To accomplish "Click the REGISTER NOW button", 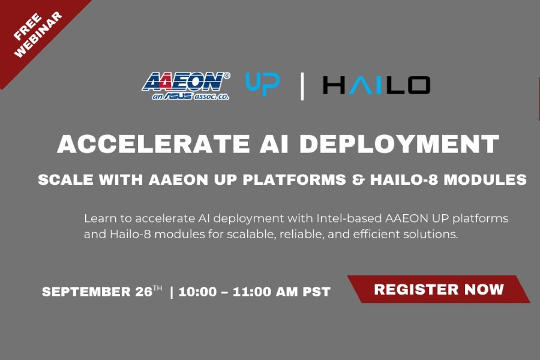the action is point(439,289).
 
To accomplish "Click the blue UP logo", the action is point(262,85).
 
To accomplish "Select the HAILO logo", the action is point(376,85).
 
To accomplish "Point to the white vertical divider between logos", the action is point(302,86).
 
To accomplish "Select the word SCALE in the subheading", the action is point(65,179).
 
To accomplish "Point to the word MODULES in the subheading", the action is point(485,179).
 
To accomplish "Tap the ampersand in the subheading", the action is point(358,179).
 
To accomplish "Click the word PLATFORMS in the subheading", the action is point(295,179).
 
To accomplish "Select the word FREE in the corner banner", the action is point(28,27).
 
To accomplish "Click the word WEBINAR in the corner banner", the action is point(38,34).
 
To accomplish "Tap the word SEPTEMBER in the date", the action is point(86,292).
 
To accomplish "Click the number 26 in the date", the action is point(144,292).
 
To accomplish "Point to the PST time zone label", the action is point(316,292).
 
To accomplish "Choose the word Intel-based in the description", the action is point(349,218).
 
